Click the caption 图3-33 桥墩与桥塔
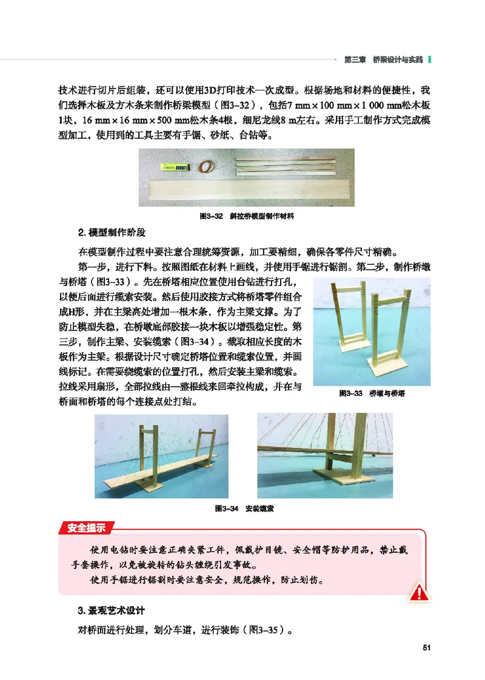tap(371, 393)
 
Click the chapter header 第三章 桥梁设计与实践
tap(383, 59)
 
